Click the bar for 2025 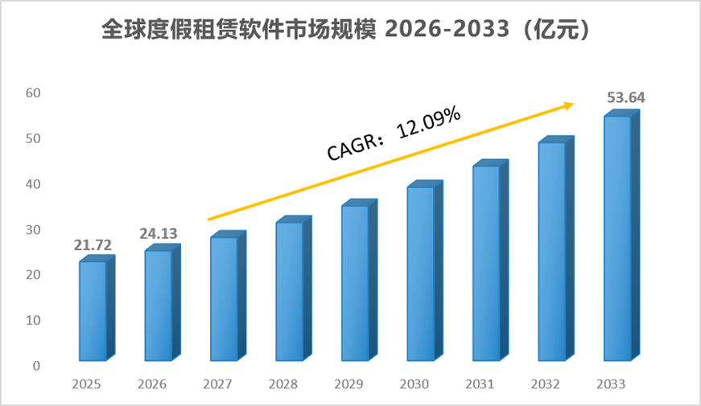point(97,308)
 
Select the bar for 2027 point(228,296)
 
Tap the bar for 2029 point(360,280)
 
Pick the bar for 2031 point(490,260)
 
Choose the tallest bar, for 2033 point(621,235)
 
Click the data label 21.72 point(93,245)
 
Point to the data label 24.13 point(159,234)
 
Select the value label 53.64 point(626,97)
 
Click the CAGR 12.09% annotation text point(394,133)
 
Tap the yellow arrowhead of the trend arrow point(568,106)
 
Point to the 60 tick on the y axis point(33,93)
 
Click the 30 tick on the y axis point(33,230)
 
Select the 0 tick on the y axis point(37,366)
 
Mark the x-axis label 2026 point(151,384)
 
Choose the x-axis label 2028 point(283,384)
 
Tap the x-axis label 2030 point(414,384)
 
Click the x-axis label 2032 point(545,384)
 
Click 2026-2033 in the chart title point(447,30)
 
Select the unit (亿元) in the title point(556,30)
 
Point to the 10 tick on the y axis point(33,320)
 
